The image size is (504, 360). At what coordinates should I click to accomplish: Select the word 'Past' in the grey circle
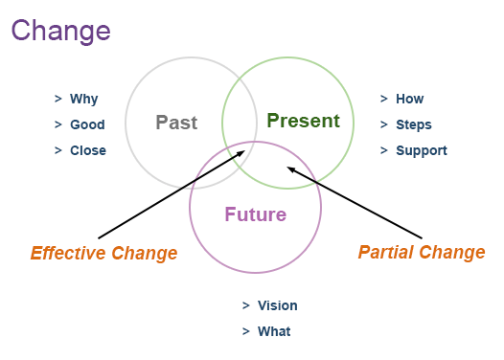pyautogui.click(x=176, y=123)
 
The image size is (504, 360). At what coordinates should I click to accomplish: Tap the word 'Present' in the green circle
pyautogui.click(x=303, y=121)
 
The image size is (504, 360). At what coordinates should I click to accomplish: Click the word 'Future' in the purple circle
pyautogui.click(x=256, y=214)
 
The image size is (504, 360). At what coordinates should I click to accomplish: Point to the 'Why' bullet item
pyautogui.click(x=83, y=99)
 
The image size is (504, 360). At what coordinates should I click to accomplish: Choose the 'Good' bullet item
pyautogui.click(x=87, y=124)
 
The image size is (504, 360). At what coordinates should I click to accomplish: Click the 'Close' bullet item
pyautogui.click(x=88, y=150)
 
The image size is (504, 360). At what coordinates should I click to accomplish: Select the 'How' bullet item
pyautogui.click(x=409, y=99)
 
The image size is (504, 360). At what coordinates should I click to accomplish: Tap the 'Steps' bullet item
pyautogui.click(x=414, y=124)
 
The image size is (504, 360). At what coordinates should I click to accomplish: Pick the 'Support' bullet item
pyautogui.click(x=422, y=150)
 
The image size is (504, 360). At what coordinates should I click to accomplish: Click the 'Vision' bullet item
pyautogui.click(x=277, y=305)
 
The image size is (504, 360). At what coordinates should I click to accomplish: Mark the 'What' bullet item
pyautogui.click(x=273, y=331)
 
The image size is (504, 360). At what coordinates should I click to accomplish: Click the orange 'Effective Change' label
pyautogui.click(x=103, y=254)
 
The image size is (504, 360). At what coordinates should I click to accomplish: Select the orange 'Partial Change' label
pyautogui.click(x=422, y=253)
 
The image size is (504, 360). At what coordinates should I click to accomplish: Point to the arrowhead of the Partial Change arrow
pyautogui.click(x=291, y=169)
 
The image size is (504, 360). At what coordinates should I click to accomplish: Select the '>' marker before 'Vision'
pyautogui.click(x=246, y=305)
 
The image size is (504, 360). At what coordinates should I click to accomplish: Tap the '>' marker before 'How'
pyautogui.click(x=384, y=99)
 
